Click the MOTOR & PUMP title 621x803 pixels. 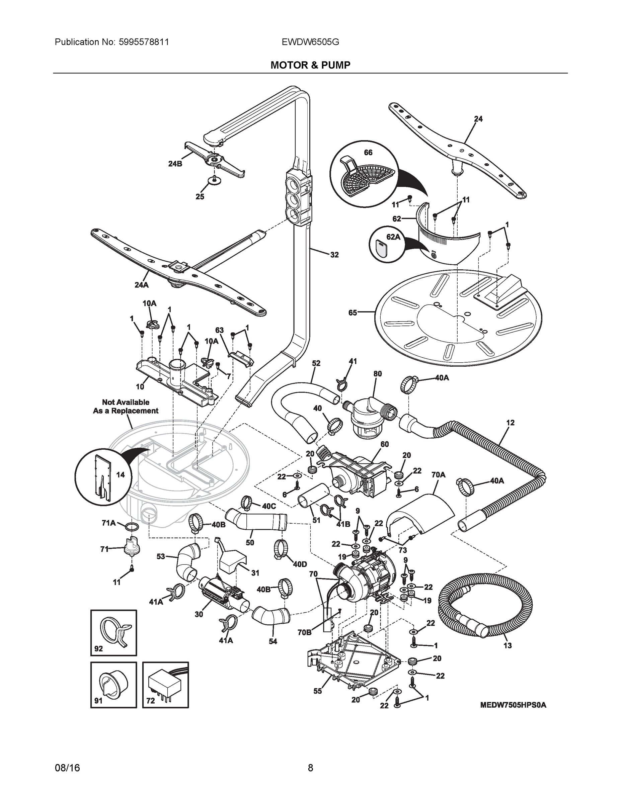click(x=310, y=65)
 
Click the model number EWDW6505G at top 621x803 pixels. click(x=310, y=42)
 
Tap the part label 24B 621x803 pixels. click(x=175, y=164)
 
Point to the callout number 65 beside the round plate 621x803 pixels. click(x=353, y=313)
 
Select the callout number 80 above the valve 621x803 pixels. click(x=378, y=373)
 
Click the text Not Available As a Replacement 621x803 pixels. click(x=126, y=406)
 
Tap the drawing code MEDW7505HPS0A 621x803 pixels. click(x=513, y=705)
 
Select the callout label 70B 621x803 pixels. click(x=304, y=632)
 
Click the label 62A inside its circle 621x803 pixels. click(x=393, y=237)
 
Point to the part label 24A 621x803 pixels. click(x=141, y=285)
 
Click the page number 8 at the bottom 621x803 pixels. click(x=310, y=768)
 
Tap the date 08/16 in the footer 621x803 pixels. click(x=67, y=768)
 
